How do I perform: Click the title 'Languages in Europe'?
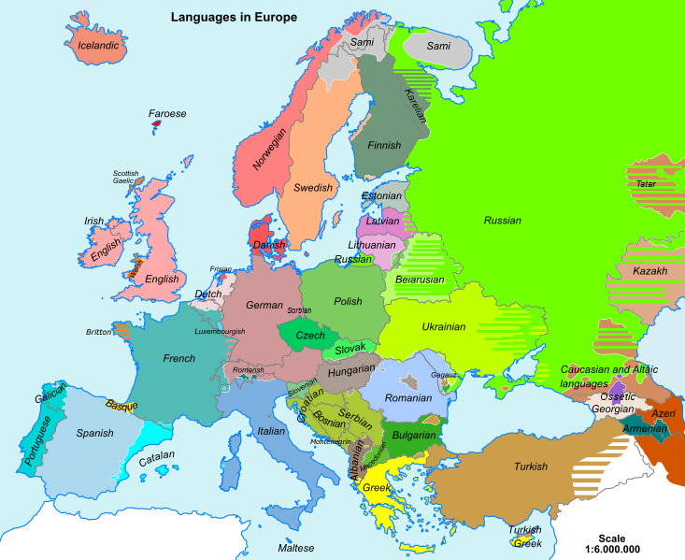234,17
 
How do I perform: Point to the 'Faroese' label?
167,113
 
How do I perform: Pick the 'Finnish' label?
384,145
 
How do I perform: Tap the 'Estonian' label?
382,196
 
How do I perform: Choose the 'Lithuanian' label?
372,244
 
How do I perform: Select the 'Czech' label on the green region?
310,335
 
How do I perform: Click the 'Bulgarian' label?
414,435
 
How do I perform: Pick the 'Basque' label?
121,406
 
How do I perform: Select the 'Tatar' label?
646,183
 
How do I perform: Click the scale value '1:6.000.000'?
612,550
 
